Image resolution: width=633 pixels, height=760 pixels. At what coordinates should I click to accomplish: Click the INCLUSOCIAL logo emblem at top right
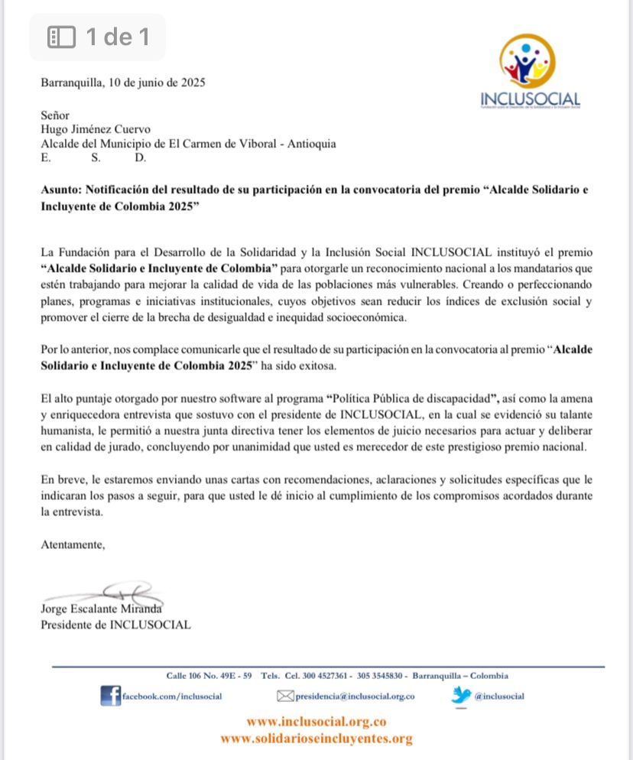tap(527, 61)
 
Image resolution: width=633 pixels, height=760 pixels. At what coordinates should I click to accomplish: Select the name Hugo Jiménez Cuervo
tap(96, 129)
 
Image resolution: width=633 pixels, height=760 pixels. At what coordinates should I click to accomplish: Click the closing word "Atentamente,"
tap(73, 545)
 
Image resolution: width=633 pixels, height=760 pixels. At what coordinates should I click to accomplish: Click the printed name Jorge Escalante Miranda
tap(102, 609)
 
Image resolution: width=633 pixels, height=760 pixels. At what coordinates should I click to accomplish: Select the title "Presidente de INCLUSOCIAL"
tap(115, 624)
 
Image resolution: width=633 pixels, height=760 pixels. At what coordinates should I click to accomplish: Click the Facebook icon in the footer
tap(111, 695)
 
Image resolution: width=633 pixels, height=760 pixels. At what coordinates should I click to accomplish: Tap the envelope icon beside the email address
tap(285, 696)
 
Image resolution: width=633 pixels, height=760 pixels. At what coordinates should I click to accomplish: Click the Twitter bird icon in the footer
tap(461, 695)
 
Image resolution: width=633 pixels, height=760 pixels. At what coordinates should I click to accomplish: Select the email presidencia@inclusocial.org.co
tap(355, 696)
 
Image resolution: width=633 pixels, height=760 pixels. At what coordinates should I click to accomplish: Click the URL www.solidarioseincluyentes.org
tap(316, 739)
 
